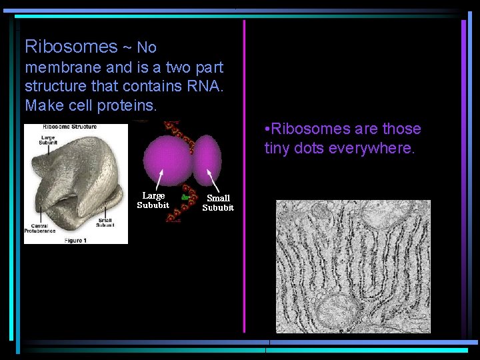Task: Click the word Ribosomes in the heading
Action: [71, 46]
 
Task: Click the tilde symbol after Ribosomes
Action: [127, 47]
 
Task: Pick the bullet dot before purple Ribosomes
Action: [267, 129]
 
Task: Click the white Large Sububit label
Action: [153, 200]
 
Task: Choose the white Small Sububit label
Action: [218, 203]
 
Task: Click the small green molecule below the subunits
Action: [185, 199]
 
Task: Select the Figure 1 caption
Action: [75, 240]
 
